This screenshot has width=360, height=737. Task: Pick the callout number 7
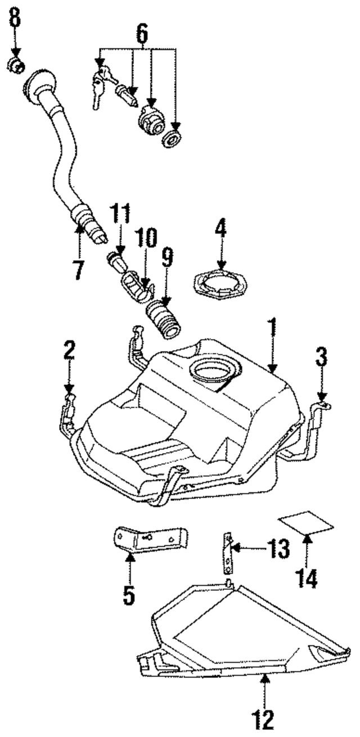pyautogui.click(x=78, y=269)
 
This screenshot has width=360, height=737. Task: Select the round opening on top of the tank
pyautogui.click(x=215, y=372)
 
